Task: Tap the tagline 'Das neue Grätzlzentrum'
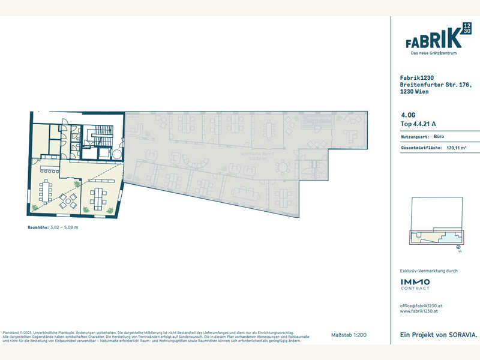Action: (x=434, y=53)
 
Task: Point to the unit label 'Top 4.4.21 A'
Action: (x=418, y=124)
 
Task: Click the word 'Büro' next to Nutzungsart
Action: (x=438, y=137)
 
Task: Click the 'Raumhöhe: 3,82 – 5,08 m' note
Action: (x=53, y=228)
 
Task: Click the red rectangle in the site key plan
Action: (x=436, y=237)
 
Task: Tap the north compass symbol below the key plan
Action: (x=458, y=247)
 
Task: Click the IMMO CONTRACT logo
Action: (x=415, y=283)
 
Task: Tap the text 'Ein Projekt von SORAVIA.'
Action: (x=435, y=334)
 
